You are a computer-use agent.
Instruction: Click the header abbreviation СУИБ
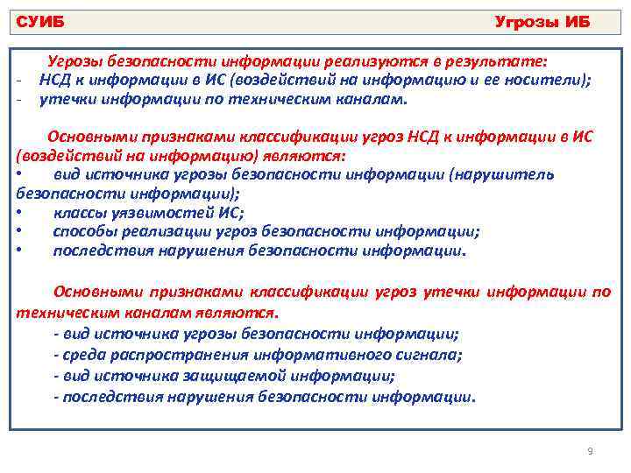pyautogui.click(x=41, y=21)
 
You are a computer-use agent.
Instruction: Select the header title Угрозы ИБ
pyautogui.click(x=542, y=21)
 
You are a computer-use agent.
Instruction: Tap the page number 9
pyautogui.click(x=590, y=451)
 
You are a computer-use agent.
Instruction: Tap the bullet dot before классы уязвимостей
pyautogui.click(x=19, y=213)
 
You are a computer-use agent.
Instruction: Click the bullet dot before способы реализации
pyautogui.click(x=19, y=232)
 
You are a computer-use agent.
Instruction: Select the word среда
pyautogui.click(x=80, y=355)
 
